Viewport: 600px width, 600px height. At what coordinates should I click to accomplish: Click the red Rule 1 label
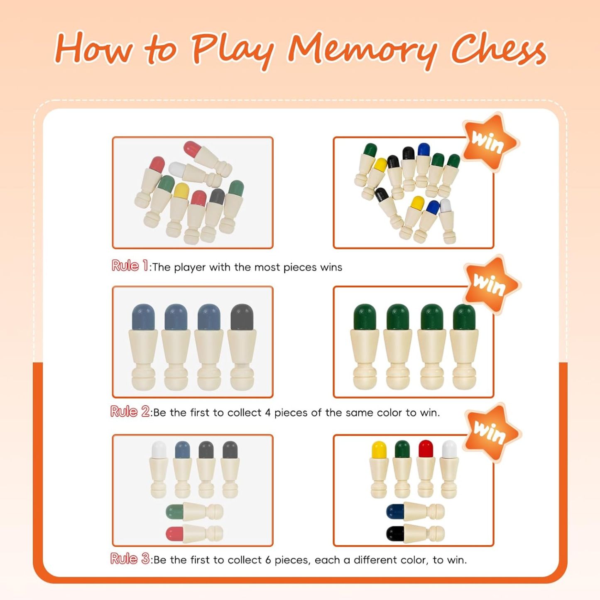[129, 266]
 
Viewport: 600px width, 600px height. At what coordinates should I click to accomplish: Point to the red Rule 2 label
[130, 411]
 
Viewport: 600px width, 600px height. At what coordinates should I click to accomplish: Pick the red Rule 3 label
[130, 559]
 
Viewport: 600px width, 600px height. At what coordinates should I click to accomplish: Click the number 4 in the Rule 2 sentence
[268, 413]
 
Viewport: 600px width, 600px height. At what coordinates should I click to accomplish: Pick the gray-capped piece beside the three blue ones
[242, 347]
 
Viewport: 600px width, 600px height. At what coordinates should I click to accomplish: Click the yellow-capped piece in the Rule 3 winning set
[379, 469]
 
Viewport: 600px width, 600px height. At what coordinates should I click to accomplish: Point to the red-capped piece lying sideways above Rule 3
[194, 533]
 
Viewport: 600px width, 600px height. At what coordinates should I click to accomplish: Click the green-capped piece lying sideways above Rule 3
[194, 511]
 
